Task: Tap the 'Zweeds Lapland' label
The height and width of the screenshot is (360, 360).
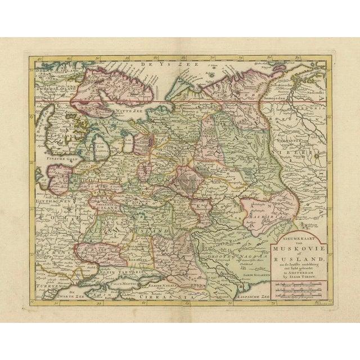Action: (x=53, y=88)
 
